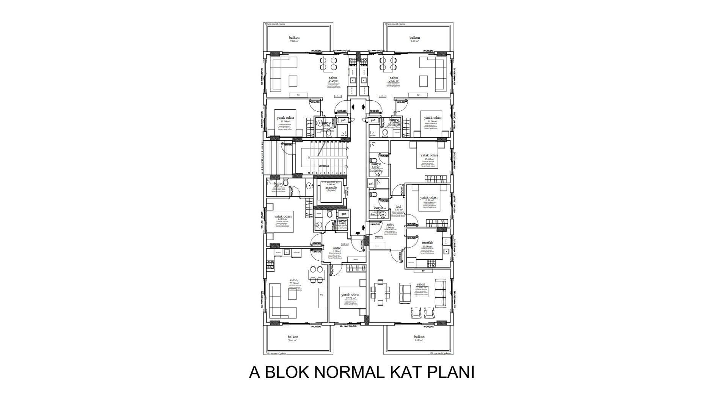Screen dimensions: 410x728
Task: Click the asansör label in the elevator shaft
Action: coord(331,188)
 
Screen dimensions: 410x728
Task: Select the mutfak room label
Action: coord(427,243)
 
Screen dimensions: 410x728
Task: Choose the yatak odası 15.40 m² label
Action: coord(429,156)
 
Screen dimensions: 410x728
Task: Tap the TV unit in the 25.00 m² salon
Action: coord(322,295)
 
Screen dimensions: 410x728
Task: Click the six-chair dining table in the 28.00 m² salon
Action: coord(380,292)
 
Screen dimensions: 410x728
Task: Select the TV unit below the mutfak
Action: coord(423,271)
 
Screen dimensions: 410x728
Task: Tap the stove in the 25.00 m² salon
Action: coord(270,265)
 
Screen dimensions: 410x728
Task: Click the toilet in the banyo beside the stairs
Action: coord(286,184)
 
